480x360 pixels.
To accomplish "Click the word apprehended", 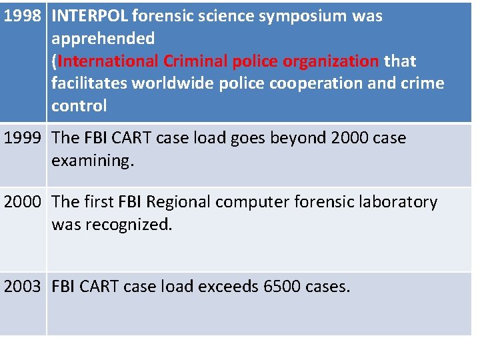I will pyautogui.click(x=103, y=39).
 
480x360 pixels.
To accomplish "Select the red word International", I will pyautogui.click(x=106, y=61).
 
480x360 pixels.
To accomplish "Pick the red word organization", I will pyautogui.click(x=331, y=61).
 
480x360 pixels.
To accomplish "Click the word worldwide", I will pyautogui.click(x=175, y=83).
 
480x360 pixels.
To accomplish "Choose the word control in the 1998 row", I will pyautogui.click(x=79, y=105).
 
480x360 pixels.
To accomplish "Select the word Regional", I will pyautogui.click(x=179, y=202).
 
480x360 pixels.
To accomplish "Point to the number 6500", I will pyautogui.click(x=282, y=287).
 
